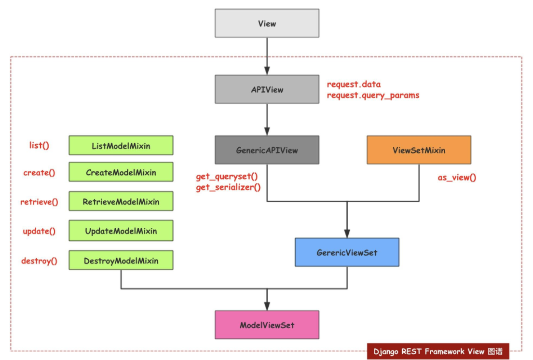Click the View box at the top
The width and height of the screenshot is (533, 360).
point(267,23)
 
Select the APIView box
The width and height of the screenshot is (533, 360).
point(267,89)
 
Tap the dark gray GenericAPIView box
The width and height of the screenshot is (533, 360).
point(267,150)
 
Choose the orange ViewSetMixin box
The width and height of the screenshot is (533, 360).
point(419,150)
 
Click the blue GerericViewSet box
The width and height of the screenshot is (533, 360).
point(347,252)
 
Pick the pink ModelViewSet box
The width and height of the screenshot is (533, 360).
point(267,325)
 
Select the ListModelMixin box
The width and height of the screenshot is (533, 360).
point(121,145)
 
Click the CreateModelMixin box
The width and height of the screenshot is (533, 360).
point(121,172)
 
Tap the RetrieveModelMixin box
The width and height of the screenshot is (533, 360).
point(121,201)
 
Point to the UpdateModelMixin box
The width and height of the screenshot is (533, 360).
point(121,231)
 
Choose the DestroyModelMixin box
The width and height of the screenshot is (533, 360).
point(121,261)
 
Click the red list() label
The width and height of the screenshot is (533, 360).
point(39,145)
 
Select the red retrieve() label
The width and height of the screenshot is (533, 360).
point(39,202)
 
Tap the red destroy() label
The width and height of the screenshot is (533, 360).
point(39,261)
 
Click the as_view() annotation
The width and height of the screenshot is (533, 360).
point(457,178)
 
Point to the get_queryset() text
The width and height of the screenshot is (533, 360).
point(227,177)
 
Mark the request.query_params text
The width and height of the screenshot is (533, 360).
point(373,96)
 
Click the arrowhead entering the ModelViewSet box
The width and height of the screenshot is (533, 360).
point(267,305)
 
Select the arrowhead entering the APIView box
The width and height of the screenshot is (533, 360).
point(267,70)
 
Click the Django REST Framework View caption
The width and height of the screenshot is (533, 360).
point(438,351)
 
